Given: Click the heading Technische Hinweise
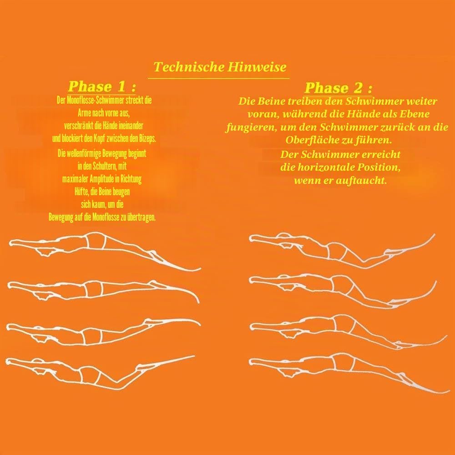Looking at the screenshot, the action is coord(220,67).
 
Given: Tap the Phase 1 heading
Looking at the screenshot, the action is coord(102,86).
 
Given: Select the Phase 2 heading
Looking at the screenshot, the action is coord(339,88).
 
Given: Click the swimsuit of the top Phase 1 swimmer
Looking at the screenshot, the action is coord(97,241).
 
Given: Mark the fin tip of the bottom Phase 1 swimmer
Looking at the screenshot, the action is coord(194,356).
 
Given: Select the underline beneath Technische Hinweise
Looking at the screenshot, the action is coord(218,78).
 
